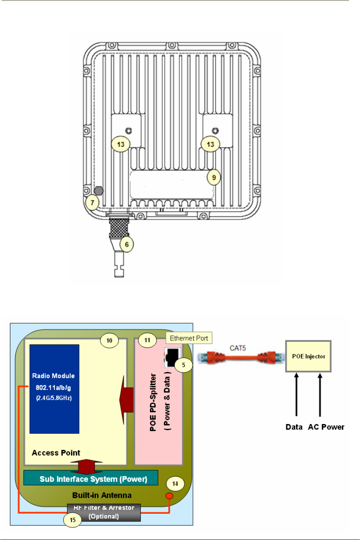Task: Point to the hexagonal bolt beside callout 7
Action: click(99, 191)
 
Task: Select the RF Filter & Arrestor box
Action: click(104, 512)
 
